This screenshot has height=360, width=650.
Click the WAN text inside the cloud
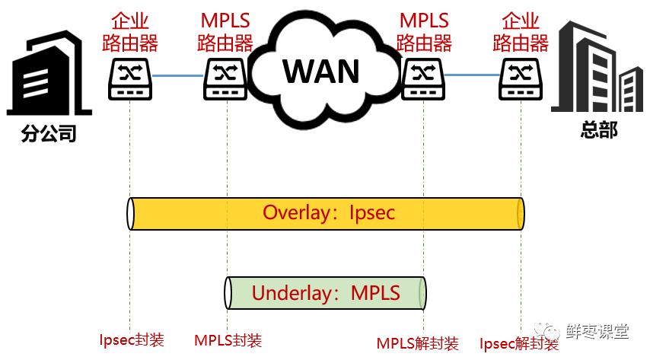[x=321, y=71]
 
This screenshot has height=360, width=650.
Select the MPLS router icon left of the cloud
[x=226, y=78]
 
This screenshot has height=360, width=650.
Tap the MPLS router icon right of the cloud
[x=423, y=78]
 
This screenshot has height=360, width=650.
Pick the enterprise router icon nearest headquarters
[x=521, y=78]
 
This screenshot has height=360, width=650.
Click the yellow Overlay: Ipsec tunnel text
[x=329, y=212]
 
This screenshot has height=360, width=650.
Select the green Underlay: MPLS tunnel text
[x=326, y=293]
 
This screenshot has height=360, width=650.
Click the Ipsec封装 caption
[x=132, y=339]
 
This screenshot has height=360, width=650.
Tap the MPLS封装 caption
[x=228, y=340]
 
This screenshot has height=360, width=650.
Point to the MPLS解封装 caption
[x=418, y=343]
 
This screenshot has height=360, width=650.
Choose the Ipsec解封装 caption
[x=519, y=343]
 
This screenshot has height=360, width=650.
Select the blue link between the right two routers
[x=472, y=75]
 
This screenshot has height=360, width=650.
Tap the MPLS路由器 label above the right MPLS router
[x=425, y=30]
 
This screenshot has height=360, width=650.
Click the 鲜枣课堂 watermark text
[x=597, y=331]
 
